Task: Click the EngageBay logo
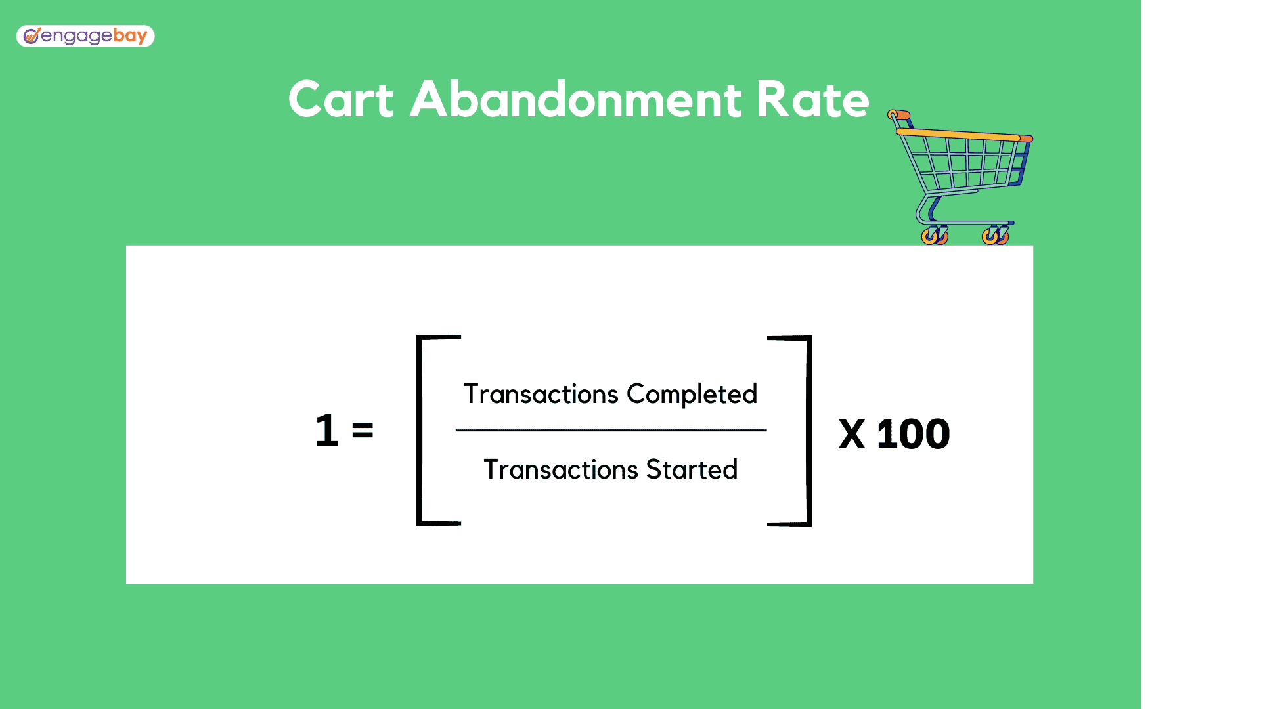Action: pyautogui.click(x=85, y=36)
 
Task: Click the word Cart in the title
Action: pyautogui.click(x=341, y=100)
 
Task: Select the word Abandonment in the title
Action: pyautogui.click(x=575, y=99)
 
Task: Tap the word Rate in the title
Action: pyautogui.click(x=812, y=100)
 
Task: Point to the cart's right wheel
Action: pyautogui.click(x=995, y=236)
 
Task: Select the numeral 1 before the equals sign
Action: pyautogui.click(x=327, y=431)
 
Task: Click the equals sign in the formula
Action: pyautogui.click(x=363, y=431)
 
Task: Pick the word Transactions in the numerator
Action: pyautogui.click(x=541, y=394)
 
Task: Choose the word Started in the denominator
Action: pyautogui.click(x=692, y=469)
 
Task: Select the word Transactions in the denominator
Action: pyautogui.click(x=561, y=469)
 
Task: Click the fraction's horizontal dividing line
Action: pyautogui.click(x=611, y=431)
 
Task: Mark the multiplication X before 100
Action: pyautogui.click(x=852, y=435)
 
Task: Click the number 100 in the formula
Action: pyautogui.click(x=913, y=435)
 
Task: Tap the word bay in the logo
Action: pyautogui.click(x=130, y=36)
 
